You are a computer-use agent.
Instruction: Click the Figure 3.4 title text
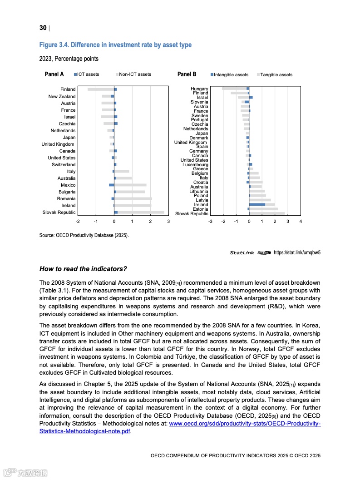tap(115, 45)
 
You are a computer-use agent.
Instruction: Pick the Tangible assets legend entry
tap(276, 75)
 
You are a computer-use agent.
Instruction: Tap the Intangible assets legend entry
tap(230, 75)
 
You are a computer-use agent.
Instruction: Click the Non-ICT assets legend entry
tap(134, 74)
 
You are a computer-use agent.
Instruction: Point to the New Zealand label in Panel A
tap(62, 97)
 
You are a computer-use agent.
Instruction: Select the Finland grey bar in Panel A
tap(100, 89)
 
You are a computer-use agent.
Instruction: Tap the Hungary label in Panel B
tap(199, 89)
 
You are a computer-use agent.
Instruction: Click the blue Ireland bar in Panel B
tap(257, 205)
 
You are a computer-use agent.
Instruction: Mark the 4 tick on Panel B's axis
tap(301, 221)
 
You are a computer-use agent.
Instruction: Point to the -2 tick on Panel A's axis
tap(78, 221)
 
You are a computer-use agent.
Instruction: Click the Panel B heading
tap(187, 74)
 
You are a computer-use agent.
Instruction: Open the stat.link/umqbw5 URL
tap(297, 253)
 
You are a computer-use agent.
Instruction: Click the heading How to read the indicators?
tap(83, 269)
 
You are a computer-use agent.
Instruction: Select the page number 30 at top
tap(43, 28)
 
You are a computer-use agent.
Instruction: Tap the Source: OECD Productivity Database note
tap(84, 235)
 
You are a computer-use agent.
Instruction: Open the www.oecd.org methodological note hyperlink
tap(245, 424)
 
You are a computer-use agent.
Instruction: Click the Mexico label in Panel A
tap(68, 185)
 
